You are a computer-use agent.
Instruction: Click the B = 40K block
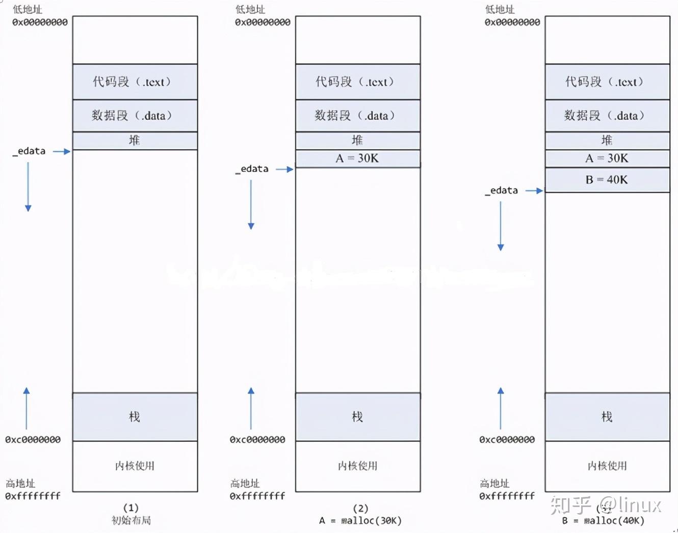coord(607,180)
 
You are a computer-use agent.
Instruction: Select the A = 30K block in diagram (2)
coord(358,158)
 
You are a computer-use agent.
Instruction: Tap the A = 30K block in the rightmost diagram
coord(607,158)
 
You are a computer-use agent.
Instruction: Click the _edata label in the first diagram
coord(30,151)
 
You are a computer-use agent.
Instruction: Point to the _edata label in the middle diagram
coord(252,169)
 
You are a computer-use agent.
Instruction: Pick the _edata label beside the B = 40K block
coord(502,191)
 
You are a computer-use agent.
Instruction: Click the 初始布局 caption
coord(131,520)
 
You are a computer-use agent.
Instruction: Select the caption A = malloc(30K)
coord(360,521)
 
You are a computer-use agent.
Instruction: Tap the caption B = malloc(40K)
coord(604,521)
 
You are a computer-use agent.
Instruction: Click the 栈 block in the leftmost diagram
coord(135,417)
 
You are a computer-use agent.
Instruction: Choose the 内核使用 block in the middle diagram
coord(358,466)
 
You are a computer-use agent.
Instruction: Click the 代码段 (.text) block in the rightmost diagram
coord(607,82)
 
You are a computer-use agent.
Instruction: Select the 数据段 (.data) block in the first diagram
coord(135,116)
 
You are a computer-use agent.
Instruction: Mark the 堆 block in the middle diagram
coord(358,140)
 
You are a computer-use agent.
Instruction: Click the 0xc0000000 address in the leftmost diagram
coord(33,440)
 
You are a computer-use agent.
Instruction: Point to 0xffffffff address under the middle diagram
coord(257,496)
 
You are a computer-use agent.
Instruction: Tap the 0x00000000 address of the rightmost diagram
coord(512,22)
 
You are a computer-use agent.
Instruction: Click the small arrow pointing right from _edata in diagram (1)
coord(62,151)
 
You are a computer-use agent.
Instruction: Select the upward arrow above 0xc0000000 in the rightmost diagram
coord(501,408)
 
